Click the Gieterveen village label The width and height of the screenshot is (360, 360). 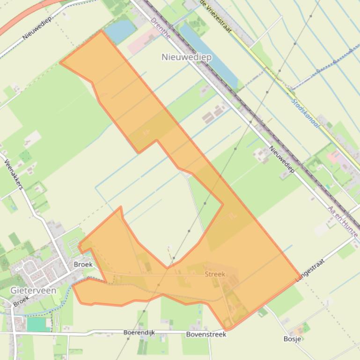[33, 290]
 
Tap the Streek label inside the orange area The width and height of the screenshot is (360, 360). [215, 274]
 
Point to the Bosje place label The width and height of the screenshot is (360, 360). [292, 338]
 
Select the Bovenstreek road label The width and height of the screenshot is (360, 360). [206, 334]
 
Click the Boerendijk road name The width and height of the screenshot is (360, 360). [139, 332]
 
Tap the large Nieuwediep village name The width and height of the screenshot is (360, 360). [186, 57]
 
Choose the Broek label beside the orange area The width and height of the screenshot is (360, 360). [83, 264]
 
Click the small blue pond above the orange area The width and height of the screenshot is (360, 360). [120, 30]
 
